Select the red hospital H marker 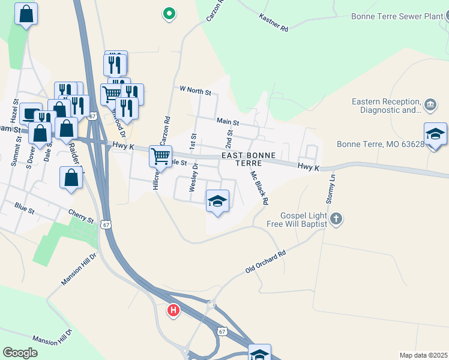[x=173, y=310]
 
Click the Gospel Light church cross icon [x=336, y=219]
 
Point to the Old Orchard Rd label [x=265, y=262]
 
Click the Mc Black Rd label [x=259, y=187]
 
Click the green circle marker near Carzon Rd [x=169, y=13]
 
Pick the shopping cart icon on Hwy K [x=160, y=156]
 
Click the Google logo [x=20, y=353]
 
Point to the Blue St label [x=25, y=208]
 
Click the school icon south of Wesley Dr [x=217, y=200]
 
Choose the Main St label [x=228, y=122]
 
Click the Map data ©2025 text [x=423, y=355]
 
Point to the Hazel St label [x=15, y=110]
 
